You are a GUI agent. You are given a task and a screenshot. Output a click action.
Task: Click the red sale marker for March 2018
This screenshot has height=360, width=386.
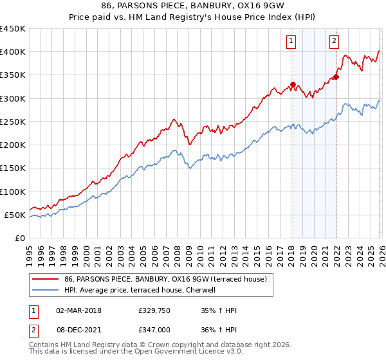click(x=292, y=84)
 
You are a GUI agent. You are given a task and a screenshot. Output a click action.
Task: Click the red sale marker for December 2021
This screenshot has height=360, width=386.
click(x=336, y=76)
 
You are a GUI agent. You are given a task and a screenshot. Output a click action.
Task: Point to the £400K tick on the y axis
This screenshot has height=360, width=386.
click(x=14, y=52)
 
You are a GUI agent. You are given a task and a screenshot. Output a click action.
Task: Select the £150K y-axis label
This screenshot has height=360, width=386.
click(x=14, y=168)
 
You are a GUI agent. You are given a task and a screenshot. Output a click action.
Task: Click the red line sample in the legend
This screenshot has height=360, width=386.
click(x=46, y=278)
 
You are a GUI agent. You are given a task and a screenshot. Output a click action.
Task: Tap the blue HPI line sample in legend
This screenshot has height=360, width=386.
click(x=46, y=290)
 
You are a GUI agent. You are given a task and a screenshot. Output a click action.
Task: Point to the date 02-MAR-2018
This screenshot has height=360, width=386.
click(x=84, y=310)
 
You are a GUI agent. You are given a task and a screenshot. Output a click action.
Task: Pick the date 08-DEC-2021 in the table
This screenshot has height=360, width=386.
click(x=84, y=328)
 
